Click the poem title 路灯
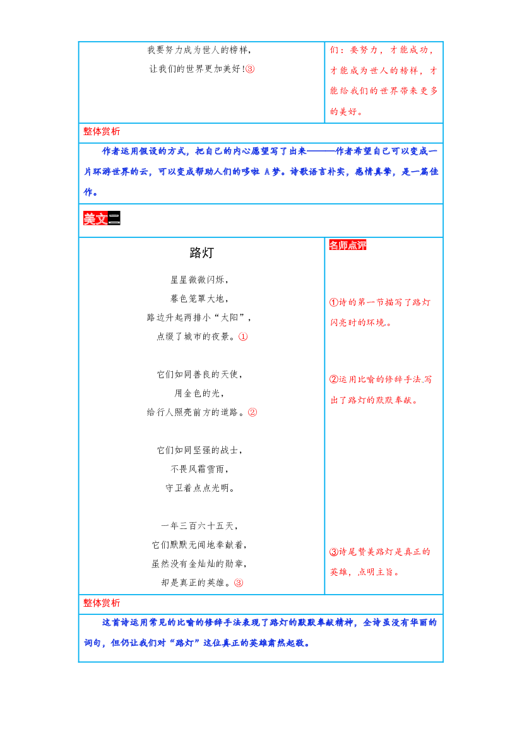click(201, 253)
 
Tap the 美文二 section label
click(102, 218)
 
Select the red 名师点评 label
click(347, 245)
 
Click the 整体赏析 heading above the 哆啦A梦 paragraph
click(102, 132)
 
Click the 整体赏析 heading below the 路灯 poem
click(102, 603)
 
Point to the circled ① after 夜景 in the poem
click(243, 336)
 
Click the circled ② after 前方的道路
click(252, 412)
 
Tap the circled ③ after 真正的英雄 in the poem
click(239, 583)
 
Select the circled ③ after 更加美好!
click(250, 69)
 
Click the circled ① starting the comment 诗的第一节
click(334, 302)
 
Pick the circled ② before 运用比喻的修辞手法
click(334, 379)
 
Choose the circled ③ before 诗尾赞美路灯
click(334, 552)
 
